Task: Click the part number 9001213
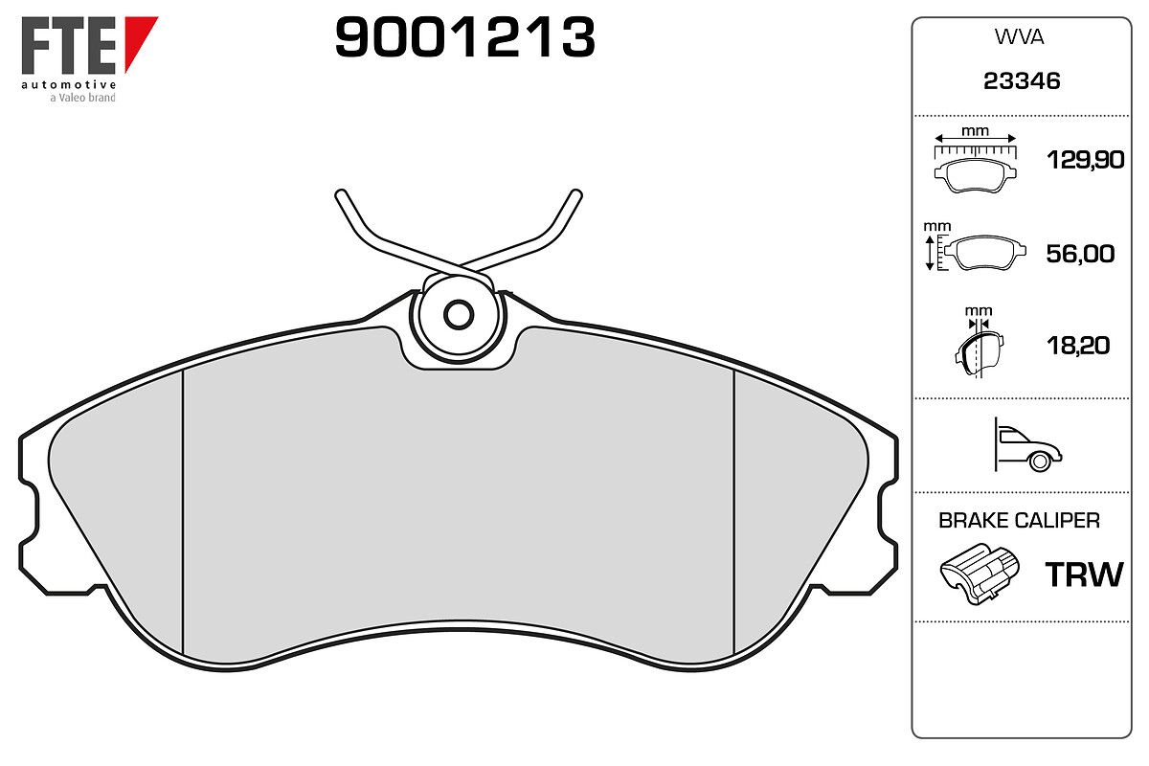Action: coord(464,36)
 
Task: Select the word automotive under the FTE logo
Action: coord(69,84)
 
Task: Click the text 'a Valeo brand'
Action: coord(82,98)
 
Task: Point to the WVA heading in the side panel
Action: coord(1019,37)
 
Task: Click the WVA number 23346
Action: coord(1022,81)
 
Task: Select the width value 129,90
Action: coord(1086,160)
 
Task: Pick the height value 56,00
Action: coord(1080,254)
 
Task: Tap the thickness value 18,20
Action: coord(1078,346)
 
